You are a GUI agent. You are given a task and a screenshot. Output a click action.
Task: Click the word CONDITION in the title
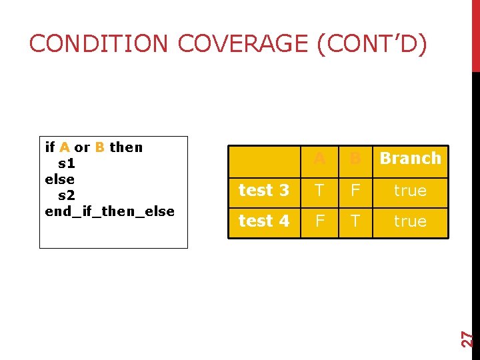(99, 44)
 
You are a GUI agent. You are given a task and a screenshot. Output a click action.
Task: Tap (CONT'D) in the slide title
(371, 44)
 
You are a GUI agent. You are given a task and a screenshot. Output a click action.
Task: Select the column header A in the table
(319, 159)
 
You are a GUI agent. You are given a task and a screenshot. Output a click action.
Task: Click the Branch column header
(410, 159)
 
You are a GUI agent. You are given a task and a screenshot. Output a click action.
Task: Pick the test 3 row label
(264, 191)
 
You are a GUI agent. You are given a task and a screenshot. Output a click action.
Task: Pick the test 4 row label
(264, 221)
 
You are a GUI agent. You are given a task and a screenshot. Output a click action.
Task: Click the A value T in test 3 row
(319, 191)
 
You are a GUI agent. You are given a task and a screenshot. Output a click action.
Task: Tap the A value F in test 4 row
(319, 221)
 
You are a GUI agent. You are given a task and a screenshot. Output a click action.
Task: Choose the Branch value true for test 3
(410, 191)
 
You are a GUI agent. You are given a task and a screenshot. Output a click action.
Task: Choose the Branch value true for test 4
(410, 221)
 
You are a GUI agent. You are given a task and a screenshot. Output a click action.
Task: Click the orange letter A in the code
(65, 147)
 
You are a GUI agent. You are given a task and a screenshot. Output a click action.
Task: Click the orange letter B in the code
(99, 147)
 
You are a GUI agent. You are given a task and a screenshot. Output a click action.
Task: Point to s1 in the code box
(67, 163)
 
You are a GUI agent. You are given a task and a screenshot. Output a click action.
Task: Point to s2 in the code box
(67, 195)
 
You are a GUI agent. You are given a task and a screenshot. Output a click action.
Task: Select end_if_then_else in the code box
(109, 211)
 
